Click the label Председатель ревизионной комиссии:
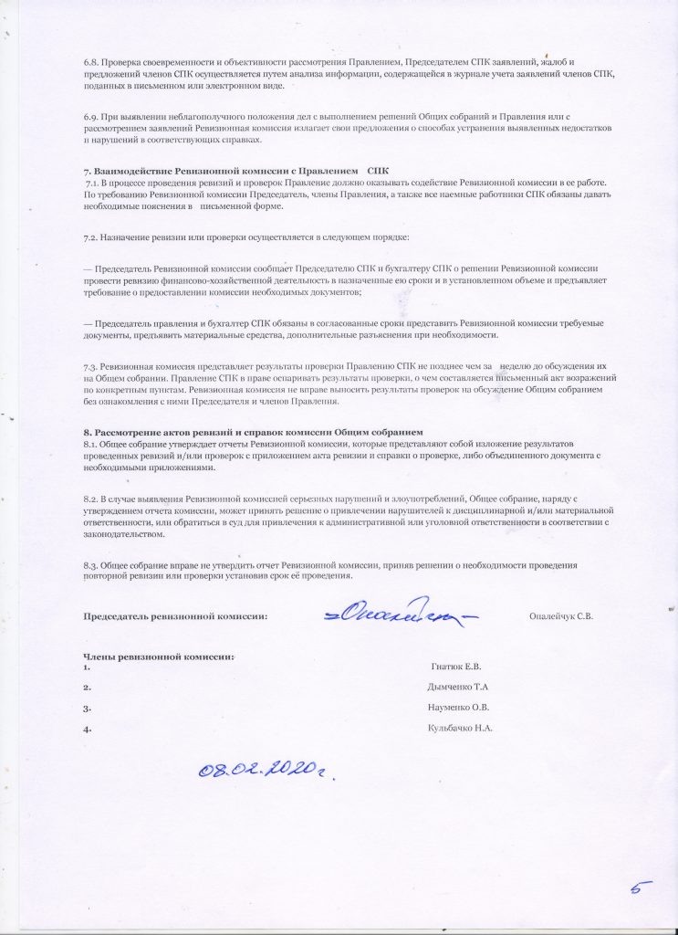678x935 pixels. pyautogui.click(x=175, y=616)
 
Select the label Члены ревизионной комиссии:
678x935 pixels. pyautogui.click(x=159, y=656)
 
